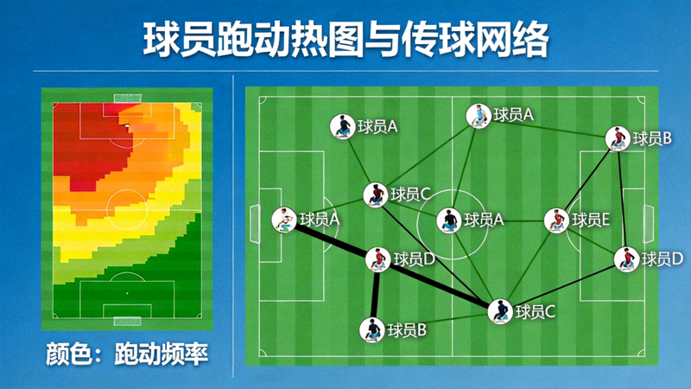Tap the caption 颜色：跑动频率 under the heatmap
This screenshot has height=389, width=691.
128,354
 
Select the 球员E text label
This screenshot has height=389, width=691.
592,220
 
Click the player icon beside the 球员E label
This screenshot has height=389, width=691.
556,220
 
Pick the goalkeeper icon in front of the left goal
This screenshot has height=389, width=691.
282,220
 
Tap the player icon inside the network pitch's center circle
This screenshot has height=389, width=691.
448,220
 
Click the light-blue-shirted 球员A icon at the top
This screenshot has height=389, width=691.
478,115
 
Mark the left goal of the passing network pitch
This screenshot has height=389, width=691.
253,224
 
